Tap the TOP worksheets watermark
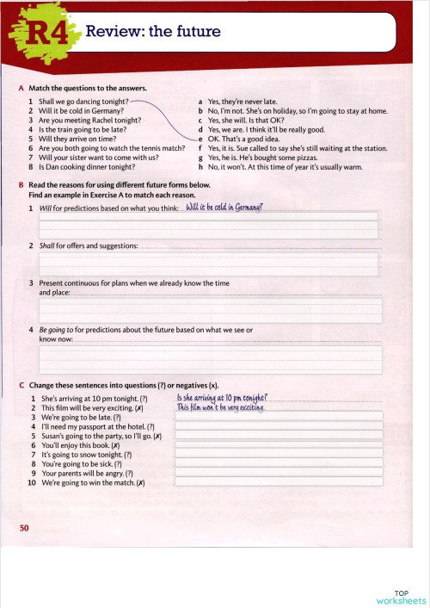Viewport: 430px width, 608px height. click(400, 597)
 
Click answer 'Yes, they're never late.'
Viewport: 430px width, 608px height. click(240, 102)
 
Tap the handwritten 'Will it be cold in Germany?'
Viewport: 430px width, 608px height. click(224, 208)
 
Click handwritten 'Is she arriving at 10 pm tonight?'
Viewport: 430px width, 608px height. click(222, 398)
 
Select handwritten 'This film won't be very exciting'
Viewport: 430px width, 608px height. click(219, 407)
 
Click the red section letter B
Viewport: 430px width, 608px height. click(21, 185)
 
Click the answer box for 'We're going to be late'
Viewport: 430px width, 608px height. click(278, 418)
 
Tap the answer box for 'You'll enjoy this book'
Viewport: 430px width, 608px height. click(278, 445)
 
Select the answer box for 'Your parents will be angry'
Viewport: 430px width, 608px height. click(278, 473)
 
